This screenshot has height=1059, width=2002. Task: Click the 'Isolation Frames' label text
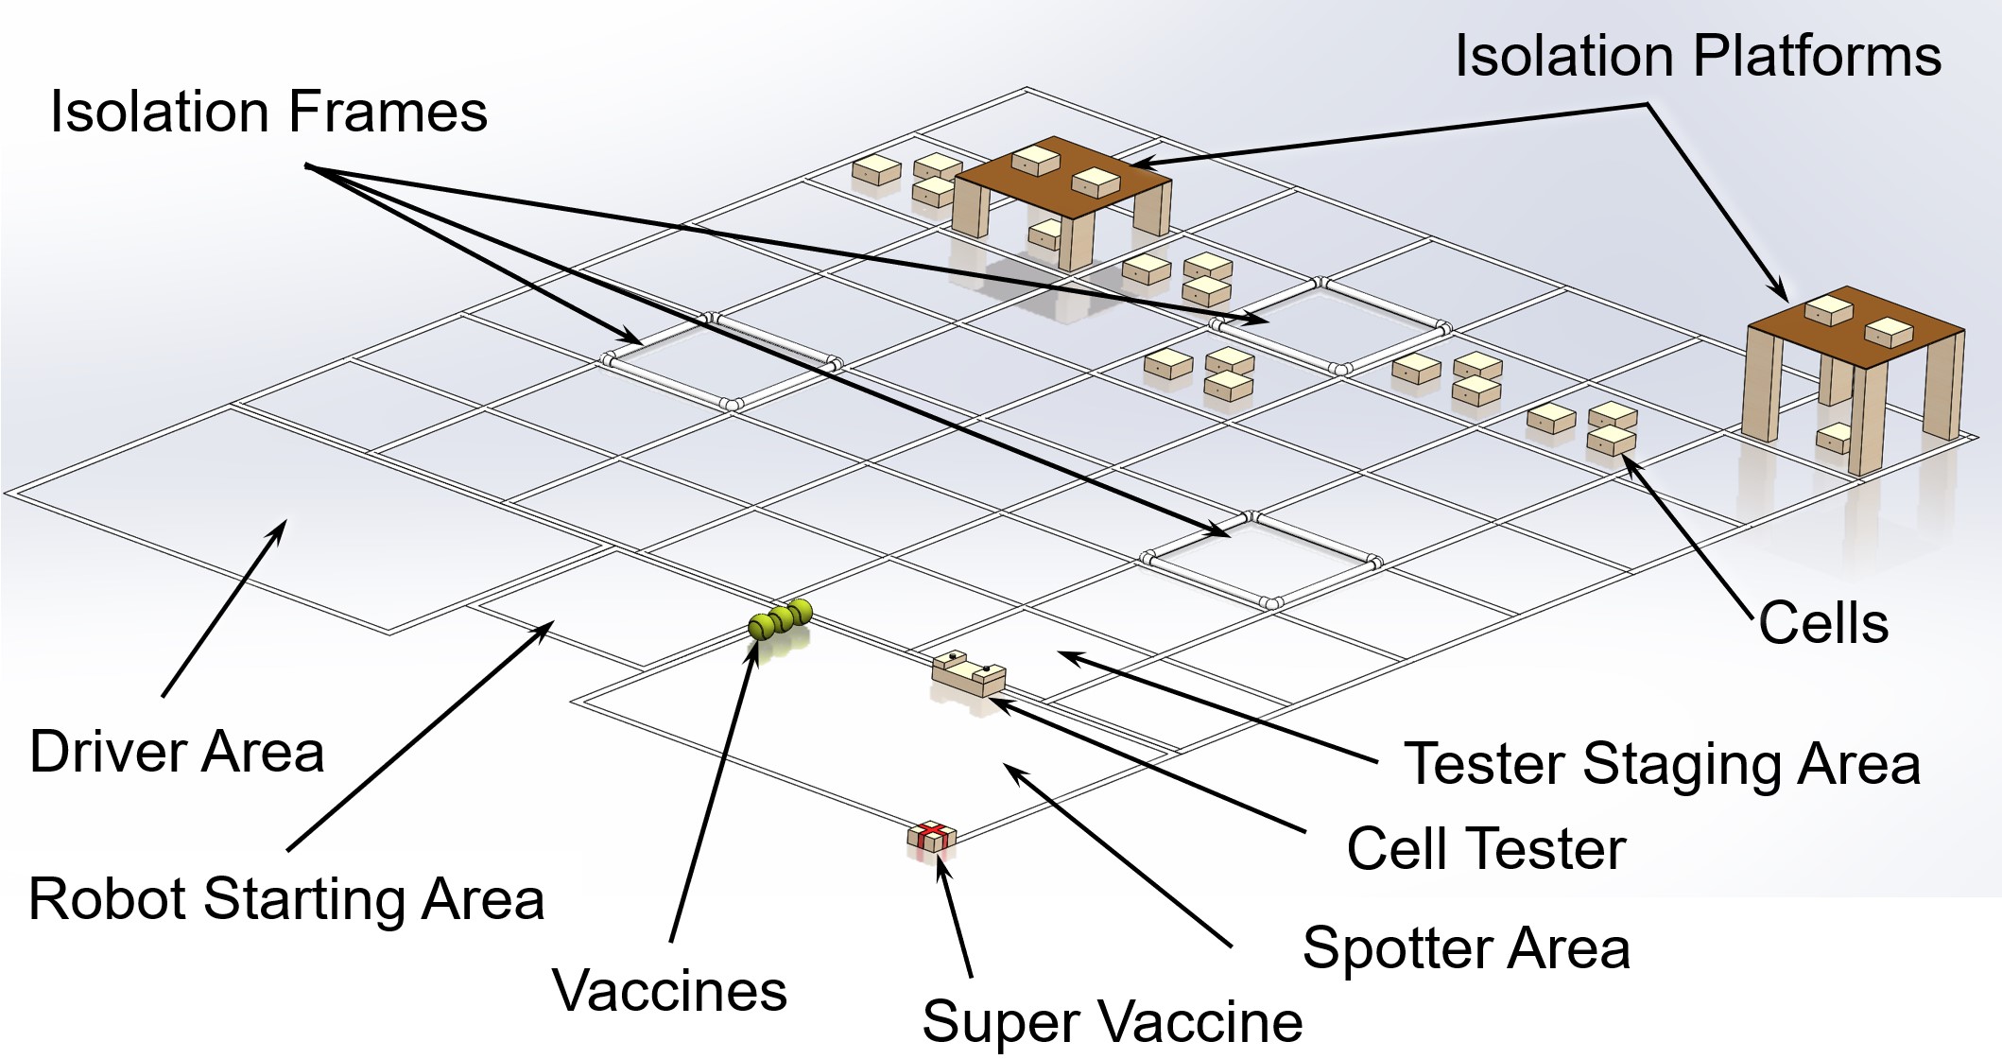coord(268,112)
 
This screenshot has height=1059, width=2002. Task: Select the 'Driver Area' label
coord(177,753)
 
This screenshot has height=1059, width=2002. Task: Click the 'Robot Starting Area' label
coord(286,898)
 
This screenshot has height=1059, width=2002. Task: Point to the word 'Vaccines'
coord(669,991)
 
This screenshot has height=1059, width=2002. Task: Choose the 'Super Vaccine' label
coord(1112,1021)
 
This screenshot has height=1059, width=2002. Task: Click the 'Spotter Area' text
coord(1466,947)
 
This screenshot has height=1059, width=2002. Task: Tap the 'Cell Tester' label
coord(1486,848)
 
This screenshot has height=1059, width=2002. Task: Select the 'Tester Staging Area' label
coord(1662,763)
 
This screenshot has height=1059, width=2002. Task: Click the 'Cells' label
coord(1823,624)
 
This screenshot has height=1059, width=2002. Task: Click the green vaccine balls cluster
coord(781,619)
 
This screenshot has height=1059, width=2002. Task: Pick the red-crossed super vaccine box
coord(932,836)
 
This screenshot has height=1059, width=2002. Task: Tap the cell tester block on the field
coord(968,673)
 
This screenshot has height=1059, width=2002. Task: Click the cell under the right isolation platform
coord(1834,439)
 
